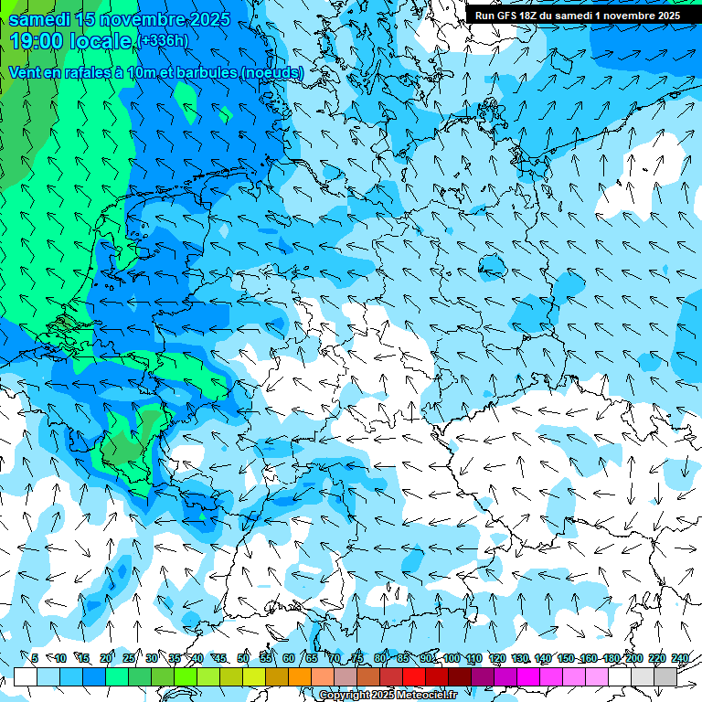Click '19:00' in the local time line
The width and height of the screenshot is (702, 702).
click(39, 41)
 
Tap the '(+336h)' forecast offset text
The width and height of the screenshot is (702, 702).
click(163, 41)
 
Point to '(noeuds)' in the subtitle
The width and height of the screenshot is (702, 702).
click(271, 72)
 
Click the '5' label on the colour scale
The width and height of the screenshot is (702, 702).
click(35, 658)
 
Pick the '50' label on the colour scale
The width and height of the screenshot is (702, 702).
click(243, 658)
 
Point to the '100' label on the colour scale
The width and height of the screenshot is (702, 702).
click(452, 658)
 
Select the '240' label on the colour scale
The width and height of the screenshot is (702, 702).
click(680, 658)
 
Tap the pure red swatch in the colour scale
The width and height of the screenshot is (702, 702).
click(414, 676)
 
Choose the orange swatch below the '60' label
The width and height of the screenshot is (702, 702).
click(300, 676)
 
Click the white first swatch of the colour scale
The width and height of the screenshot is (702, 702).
click(26, 676)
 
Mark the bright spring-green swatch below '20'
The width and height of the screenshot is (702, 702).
click(117, 676)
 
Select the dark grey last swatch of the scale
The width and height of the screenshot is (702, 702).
click(665, 676)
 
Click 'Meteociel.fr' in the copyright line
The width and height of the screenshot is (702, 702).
click(427, 696)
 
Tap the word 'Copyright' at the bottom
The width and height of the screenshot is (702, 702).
click(345, 696)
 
